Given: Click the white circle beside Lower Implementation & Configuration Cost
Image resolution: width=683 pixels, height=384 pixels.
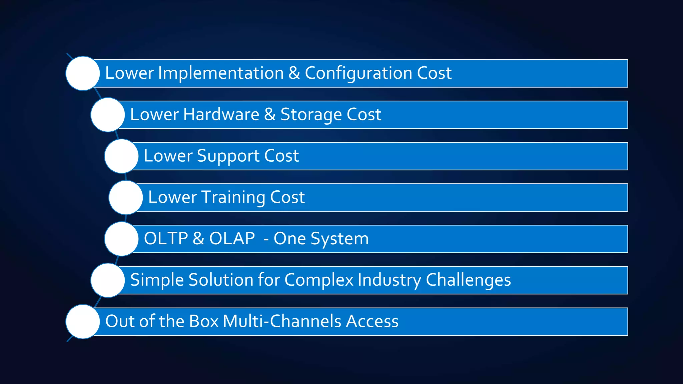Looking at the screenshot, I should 83,73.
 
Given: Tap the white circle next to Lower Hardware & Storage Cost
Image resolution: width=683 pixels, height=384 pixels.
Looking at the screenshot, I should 108,115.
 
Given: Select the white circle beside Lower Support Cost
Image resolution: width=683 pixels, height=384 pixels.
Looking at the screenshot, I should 121,156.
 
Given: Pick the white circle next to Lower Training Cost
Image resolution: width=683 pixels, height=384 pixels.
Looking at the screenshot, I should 126,197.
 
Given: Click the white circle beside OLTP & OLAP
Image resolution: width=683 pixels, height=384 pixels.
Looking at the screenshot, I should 121,239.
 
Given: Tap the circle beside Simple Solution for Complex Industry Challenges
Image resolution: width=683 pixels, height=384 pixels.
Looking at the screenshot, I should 108,280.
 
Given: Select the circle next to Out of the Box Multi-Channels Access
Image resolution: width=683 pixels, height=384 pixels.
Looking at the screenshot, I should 83,321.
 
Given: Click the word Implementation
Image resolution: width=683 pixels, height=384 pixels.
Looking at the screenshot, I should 221,73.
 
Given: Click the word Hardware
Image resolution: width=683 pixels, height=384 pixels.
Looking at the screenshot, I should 221,115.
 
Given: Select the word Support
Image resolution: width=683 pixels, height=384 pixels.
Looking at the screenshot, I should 228,156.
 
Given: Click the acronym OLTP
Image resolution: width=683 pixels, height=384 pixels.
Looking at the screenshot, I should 166,239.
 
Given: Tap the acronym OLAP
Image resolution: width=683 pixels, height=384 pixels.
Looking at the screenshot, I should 232,239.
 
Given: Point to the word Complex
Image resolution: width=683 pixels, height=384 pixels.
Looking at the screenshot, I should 318,280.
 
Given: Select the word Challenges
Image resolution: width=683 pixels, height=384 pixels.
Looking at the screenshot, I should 468,280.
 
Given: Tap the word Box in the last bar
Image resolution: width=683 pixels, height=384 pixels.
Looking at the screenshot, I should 203,321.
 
